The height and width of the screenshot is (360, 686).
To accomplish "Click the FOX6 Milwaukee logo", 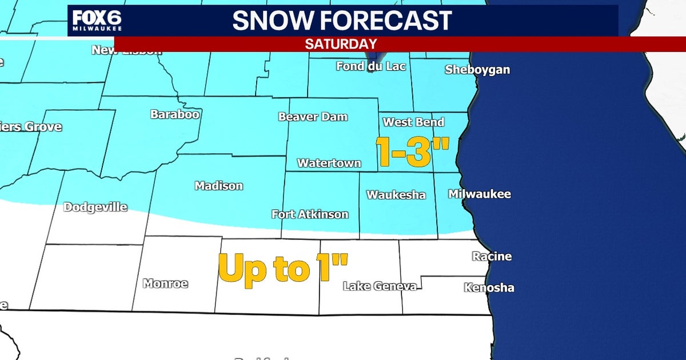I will [x=97, y=21].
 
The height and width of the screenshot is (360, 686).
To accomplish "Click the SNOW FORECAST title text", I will [x=342, y=21].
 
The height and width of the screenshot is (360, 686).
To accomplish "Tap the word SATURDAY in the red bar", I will [x=341, y=44].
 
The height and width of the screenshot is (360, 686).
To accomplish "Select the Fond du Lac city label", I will [x=370, y=66].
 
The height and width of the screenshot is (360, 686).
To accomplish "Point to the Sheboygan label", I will [x=477, y=70].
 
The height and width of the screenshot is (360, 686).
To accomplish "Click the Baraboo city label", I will [x=175, y=114].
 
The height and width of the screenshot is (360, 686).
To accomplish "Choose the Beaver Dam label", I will [x=313, y=117].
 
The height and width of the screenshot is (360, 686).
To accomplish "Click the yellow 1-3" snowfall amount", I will [x=411, y=151].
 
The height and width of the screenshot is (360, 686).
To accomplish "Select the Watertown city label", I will [x=329, y=163].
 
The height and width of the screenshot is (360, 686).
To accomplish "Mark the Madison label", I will [x=219, y=186].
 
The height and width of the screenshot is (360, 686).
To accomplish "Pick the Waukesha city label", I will [x=396, y=195].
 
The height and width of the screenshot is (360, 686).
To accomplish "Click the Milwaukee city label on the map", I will [x=479, y=194].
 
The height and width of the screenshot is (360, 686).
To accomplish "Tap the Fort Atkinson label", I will [x=310, y=215].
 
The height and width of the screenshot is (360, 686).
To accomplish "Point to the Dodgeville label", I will [x=95, y=207].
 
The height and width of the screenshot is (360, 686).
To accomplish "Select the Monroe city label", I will [x=165, y=283].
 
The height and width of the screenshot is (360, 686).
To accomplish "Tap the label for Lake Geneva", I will [x=379, y=286].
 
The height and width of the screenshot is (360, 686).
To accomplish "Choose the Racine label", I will [x=492, y=257].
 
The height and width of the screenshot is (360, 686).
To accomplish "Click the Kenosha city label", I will [x=489, y=287].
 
